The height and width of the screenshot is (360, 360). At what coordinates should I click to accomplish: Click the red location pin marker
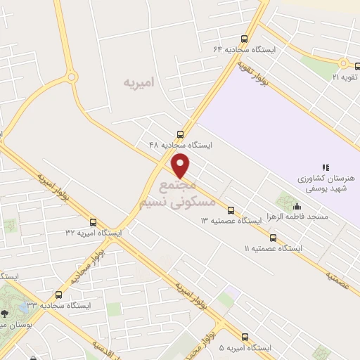pyautogui.click(x=181, y=166)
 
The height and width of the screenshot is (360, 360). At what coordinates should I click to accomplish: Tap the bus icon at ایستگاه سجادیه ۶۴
pyautogui.click(x=244, y=39)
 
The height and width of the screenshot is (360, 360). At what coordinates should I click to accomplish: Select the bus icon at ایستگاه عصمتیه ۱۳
pyautogui.click(x=231, y=210)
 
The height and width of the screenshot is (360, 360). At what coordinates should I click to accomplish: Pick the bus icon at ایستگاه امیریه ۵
pyautogui.click(x=244, y=337)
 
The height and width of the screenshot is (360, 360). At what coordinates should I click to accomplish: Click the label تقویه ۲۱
pyautogui.click(x=345, y=76)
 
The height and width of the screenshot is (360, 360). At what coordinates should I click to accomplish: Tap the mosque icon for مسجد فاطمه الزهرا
pyautogui.click(x=297, y=207)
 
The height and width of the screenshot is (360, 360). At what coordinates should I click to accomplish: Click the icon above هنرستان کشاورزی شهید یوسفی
pyautogui.click(x=325, y=167)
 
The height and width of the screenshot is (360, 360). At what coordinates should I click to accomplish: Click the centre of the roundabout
pyautogui.click(x=71, y=77)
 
